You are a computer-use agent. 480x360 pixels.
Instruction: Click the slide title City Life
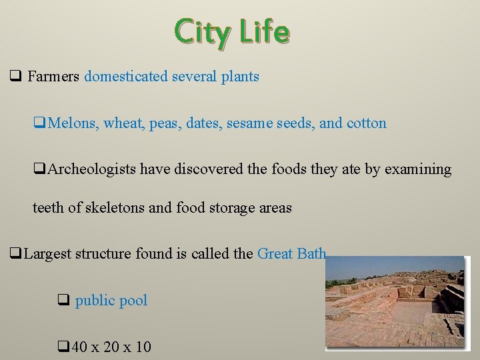tap(232, 32)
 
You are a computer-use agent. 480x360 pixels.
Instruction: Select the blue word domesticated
tap(126, 77)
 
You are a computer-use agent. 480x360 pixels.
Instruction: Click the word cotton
tap(366, 123)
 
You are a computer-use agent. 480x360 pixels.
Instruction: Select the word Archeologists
tap(91, 169)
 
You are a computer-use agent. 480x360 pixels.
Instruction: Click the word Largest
tap(48, 254)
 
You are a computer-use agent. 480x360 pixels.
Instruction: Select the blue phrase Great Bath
tap(291, 254)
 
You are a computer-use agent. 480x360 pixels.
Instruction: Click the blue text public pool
tap(111, 301)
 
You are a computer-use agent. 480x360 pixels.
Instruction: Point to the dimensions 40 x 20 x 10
tap(111, 347)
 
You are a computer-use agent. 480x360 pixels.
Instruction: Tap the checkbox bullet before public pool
tap(63, 301)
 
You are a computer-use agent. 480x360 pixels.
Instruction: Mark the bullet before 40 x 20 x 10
tap(63, 347)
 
